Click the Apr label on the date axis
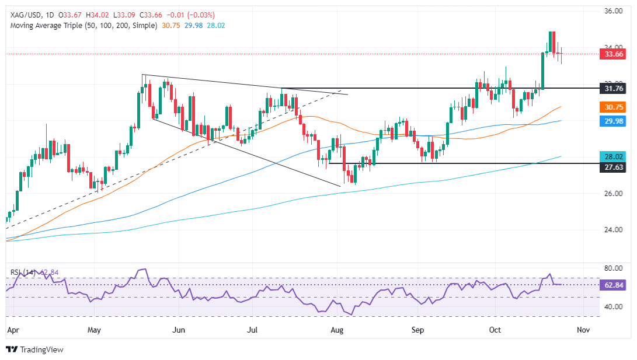[x=12, y=330]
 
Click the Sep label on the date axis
[x=419, y=330]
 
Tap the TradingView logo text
[x=41, y=349]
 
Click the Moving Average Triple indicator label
[x=81, y=26]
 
